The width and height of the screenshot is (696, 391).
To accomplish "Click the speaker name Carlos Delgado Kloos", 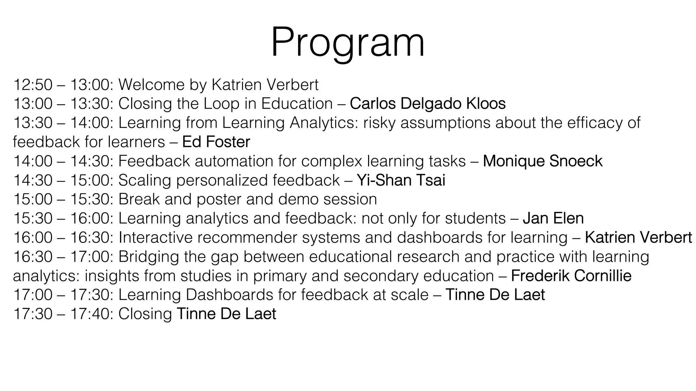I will [x=428, y=104].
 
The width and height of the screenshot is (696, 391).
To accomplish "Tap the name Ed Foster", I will [x=216, y=142].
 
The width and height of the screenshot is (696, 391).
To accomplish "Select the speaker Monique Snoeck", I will [x=542, y=161].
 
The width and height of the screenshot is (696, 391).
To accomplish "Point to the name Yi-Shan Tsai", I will [x=401, y=180].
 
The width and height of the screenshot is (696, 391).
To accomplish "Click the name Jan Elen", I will [x=553, y=218].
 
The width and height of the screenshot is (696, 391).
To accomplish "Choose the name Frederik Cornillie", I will [x=571, y=276].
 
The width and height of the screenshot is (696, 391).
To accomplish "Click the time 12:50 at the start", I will [x=33, y=85].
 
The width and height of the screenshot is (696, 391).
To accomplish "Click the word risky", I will [x=379, y=123].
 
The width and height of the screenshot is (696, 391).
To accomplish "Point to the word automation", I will [x=234, y=161].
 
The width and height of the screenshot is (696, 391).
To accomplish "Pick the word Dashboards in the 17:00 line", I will [x=229, y=295].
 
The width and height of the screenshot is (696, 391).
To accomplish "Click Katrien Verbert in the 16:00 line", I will [x=638, y=237].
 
